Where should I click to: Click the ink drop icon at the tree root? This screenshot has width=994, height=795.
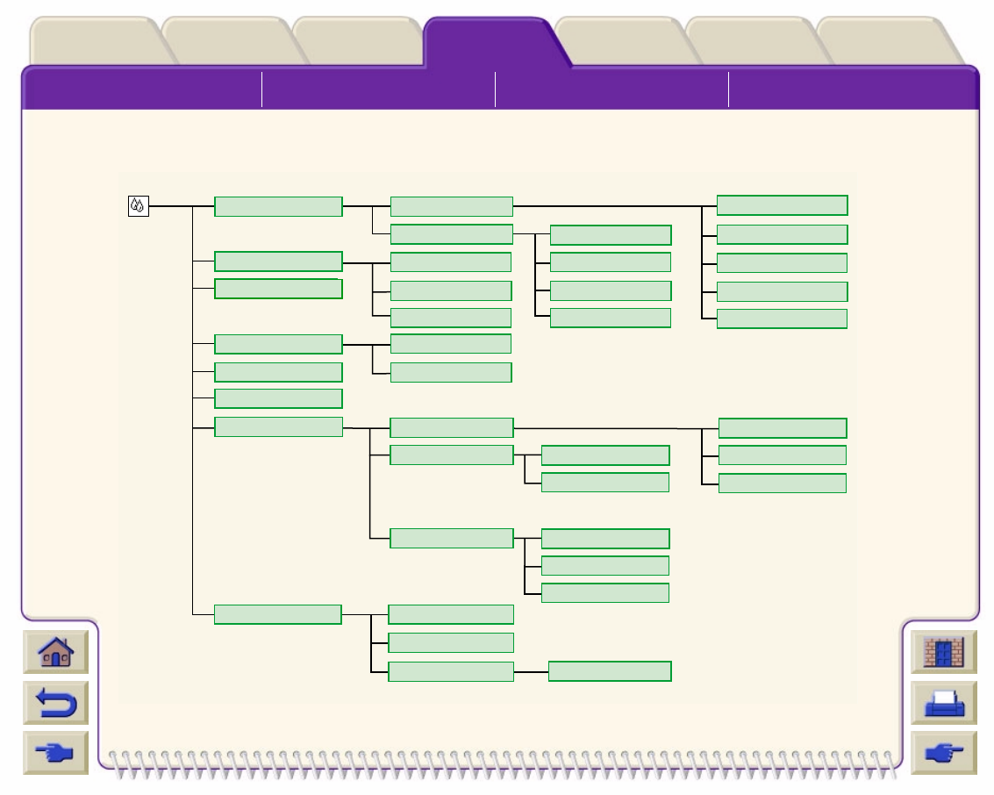click(x=138, y=206)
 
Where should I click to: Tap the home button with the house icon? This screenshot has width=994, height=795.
click(x=56, y=653)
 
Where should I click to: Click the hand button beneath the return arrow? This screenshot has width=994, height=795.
click(x=56, y=752)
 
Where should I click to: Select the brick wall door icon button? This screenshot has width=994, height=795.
click(x=943, y=653)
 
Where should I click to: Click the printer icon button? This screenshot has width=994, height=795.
click(x=943, y=703)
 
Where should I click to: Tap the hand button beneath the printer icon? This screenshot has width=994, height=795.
click(x=943, y=752)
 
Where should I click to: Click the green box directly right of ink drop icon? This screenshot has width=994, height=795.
click(x=278, y=206)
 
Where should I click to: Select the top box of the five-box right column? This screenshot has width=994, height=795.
click(x=782, y=205)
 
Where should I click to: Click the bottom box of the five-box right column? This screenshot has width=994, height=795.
click(x=782, y=319)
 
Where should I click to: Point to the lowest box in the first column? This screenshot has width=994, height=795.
click(x=277, y=614)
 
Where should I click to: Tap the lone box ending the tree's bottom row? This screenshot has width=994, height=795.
click(x=610, y=671)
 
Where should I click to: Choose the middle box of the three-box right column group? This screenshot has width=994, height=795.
click(x=783, y=455)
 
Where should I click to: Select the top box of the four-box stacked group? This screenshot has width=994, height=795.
click(x=611, y=235)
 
